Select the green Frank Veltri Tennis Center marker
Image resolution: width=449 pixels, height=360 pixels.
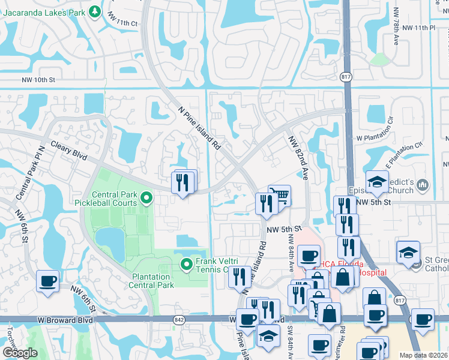[x=187, y=263]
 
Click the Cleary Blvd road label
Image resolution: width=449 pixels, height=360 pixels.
[x=69, y=151]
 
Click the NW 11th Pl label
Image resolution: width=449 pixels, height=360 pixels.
[x=418, y=28]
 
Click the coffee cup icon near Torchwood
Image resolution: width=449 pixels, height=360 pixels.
[x=47, y=281]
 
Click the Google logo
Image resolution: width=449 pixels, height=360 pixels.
[x=20, y=352]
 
